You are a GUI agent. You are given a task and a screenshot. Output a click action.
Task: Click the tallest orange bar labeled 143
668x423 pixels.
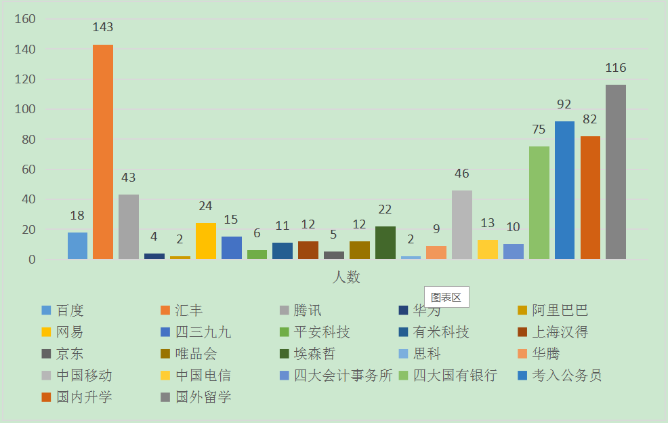tap(103, 151)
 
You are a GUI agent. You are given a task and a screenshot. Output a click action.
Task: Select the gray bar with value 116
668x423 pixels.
tap(616, 172)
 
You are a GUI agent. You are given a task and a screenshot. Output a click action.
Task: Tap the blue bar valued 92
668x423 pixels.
tap(564, 190)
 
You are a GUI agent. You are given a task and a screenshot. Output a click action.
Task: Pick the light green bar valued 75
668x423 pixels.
tap(539, 202)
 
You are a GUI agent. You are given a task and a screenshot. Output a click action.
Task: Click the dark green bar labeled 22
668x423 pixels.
tap(385, 242)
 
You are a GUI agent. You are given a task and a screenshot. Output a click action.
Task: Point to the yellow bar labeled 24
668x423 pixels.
tap(206, 241)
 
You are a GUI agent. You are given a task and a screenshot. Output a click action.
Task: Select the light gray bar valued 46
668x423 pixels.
tap(462, 224)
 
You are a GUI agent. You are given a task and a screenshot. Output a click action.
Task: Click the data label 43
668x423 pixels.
tap(128, 178)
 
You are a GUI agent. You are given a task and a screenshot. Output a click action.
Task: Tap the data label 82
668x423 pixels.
tap(590, 119)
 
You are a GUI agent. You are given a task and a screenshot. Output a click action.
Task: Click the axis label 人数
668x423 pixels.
tap(346, 277)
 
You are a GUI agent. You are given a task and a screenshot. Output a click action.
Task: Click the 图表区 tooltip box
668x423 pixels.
tap(446, 297)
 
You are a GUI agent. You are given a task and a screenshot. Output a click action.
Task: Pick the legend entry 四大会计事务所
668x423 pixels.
tap(343, 375)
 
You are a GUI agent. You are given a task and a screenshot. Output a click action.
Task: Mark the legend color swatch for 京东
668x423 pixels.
tap(46, 354)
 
